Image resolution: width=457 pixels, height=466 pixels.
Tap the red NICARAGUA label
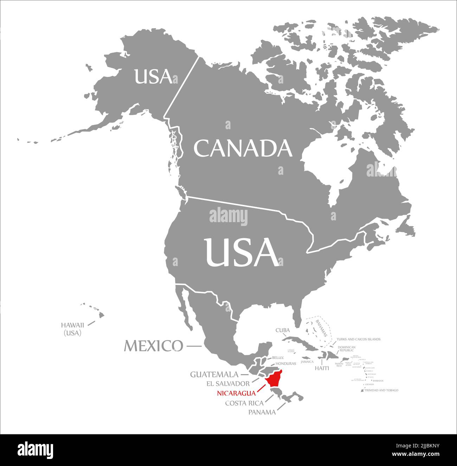[236, 393]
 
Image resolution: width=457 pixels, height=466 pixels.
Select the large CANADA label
[243, 148]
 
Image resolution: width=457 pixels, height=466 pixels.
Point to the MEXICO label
[153, 346]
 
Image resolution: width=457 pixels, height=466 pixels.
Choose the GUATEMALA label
[214, 374]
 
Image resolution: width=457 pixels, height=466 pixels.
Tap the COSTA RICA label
[244, 403]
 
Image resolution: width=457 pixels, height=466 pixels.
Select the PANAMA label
[262, 412]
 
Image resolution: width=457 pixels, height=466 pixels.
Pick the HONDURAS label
[285, 364]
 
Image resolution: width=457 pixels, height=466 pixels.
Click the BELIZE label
[277, 358]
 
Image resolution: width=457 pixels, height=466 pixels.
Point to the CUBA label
[282, 330]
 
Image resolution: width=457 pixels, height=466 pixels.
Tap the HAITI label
[322, 368]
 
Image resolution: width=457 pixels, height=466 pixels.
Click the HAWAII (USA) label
[72, 329]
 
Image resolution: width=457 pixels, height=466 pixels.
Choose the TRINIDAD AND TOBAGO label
[381, 390]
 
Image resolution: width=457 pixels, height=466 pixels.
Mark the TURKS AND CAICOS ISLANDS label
[358, 339]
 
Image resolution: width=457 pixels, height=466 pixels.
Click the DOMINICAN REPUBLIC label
[346, 349]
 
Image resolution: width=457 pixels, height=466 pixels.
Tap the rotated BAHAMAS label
[321, 328]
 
